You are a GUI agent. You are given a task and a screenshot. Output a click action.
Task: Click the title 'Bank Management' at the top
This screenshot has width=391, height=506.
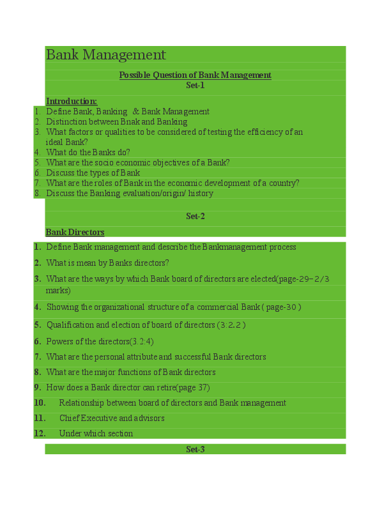tap(106, 55)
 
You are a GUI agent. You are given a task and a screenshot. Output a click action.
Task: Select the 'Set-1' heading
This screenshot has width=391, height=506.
tap(195, 85)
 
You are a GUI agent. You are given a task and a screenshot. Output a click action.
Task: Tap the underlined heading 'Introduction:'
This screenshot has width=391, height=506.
tap(72, 101)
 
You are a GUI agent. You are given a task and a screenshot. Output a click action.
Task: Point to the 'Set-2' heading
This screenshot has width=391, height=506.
tap(195, 216)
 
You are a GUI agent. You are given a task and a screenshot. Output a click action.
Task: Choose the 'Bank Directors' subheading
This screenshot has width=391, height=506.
tap(75, 232)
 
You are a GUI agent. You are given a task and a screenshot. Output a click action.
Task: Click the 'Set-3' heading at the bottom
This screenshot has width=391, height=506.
tap(195, 449)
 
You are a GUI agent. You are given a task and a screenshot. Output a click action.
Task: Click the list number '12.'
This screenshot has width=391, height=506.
tap(40, 433)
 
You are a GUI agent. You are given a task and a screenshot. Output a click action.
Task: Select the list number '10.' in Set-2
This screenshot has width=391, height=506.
tap(40, 402)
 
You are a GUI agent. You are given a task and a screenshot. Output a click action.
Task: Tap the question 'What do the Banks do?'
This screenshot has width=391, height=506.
tap(88, 152)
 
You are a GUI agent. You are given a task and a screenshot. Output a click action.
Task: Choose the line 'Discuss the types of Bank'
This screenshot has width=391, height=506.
tap(93, 172)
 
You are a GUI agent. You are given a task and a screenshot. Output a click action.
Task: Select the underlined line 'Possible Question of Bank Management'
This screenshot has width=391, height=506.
tap(195, 75)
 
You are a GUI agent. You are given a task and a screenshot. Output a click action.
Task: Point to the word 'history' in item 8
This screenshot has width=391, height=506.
tap(201, 193)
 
